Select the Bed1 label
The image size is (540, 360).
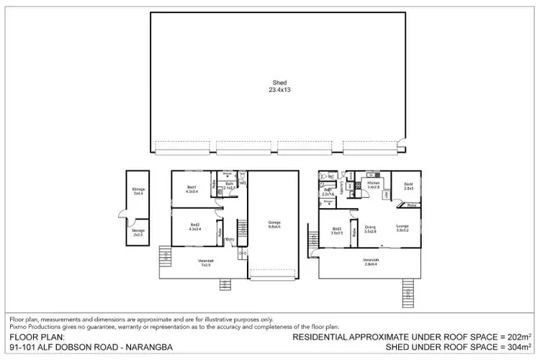coord(192,189)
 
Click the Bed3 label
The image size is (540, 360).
coord(336,231)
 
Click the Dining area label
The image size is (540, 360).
coord(371,228)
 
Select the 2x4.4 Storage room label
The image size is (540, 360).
coord(138,192)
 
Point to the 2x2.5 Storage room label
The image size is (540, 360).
coord(138,233)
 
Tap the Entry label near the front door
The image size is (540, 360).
coord(229,240)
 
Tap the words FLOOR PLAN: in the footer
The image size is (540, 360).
coord(37,336)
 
